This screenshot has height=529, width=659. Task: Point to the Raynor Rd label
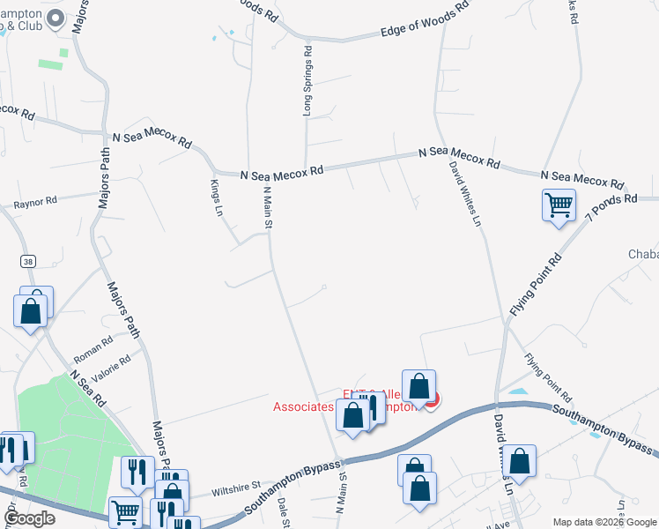click(35, 202)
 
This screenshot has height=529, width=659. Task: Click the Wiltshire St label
click(234, 485)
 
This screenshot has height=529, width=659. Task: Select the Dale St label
click(284, 510)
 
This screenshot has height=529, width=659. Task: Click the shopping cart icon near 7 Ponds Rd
click(559, 205)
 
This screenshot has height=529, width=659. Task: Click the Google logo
click(29, 519)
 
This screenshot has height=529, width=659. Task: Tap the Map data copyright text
click(603, 522)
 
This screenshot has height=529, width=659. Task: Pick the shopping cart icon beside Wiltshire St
click(125, 510)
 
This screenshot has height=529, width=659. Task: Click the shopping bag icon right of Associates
click(419, 385)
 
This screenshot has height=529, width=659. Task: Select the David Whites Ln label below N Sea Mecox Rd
click(464, 193)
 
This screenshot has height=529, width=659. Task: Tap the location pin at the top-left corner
click(56, 18)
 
